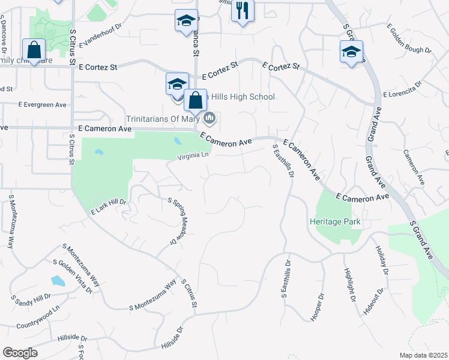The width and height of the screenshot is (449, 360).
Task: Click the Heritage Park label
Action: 335,221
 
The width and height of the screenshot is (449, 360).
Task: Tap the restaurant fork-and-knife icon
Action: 243,11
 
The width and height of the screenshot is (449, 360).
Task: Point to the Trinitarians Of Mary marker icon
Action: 209,117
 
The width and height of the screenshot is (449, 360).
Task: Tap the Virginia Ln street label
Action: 193,156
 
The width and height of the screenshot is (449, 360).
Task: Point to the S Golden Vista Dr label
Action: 73,277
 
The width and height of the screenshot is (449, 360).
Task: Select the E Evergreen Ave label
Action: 43,104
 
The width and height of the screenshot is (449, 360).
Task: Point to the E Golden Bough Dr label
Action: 409,39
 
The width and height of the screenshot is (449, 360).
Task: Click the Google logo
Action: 20,353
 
